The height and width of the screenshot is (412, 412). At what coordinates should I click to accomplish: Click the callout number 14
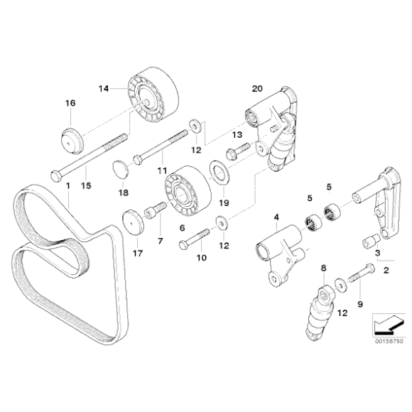pos(104,89)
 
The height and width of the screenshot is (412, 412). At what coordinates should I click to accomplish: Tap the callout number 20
pos(257,89)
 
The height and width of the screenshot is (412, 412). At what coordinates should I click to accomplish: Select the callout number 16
pos(70,103)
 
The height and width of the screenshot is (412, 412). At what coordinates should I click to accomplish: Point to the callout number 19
pos(224,203)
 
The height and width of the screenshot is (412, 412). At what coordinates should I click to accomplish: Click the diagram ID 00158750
pos(389,341)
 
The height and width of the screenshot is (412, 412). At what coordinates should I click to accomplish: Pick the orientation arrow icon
pos(389,325)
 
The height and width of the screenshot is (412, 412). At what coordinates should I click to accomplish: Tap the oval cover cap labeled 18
pos(121,170)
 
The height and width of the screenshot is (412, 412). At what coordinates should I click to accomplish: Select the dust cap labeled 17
pos(134,222)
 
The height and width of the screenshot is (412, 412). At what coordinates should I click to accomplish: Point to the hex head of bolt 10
pos(183,245)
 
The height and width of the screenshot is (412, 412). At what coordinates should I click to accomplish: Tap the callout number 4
pos(276,217)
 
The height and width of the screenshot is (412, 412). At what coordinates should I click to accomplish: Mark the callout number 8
pos(323,268)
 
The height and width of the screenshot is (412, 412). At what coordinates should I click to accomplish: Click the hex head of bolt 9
pos(370,269)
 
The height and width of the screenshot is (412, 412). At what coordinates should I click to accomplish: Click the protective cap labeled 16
pos(72,141)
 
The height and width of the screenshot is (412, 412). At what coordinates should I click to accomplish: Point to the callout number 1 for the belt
pos(68,186)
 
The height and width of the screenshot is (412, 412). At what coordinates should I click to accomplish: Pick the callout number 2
pos(386,270)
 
